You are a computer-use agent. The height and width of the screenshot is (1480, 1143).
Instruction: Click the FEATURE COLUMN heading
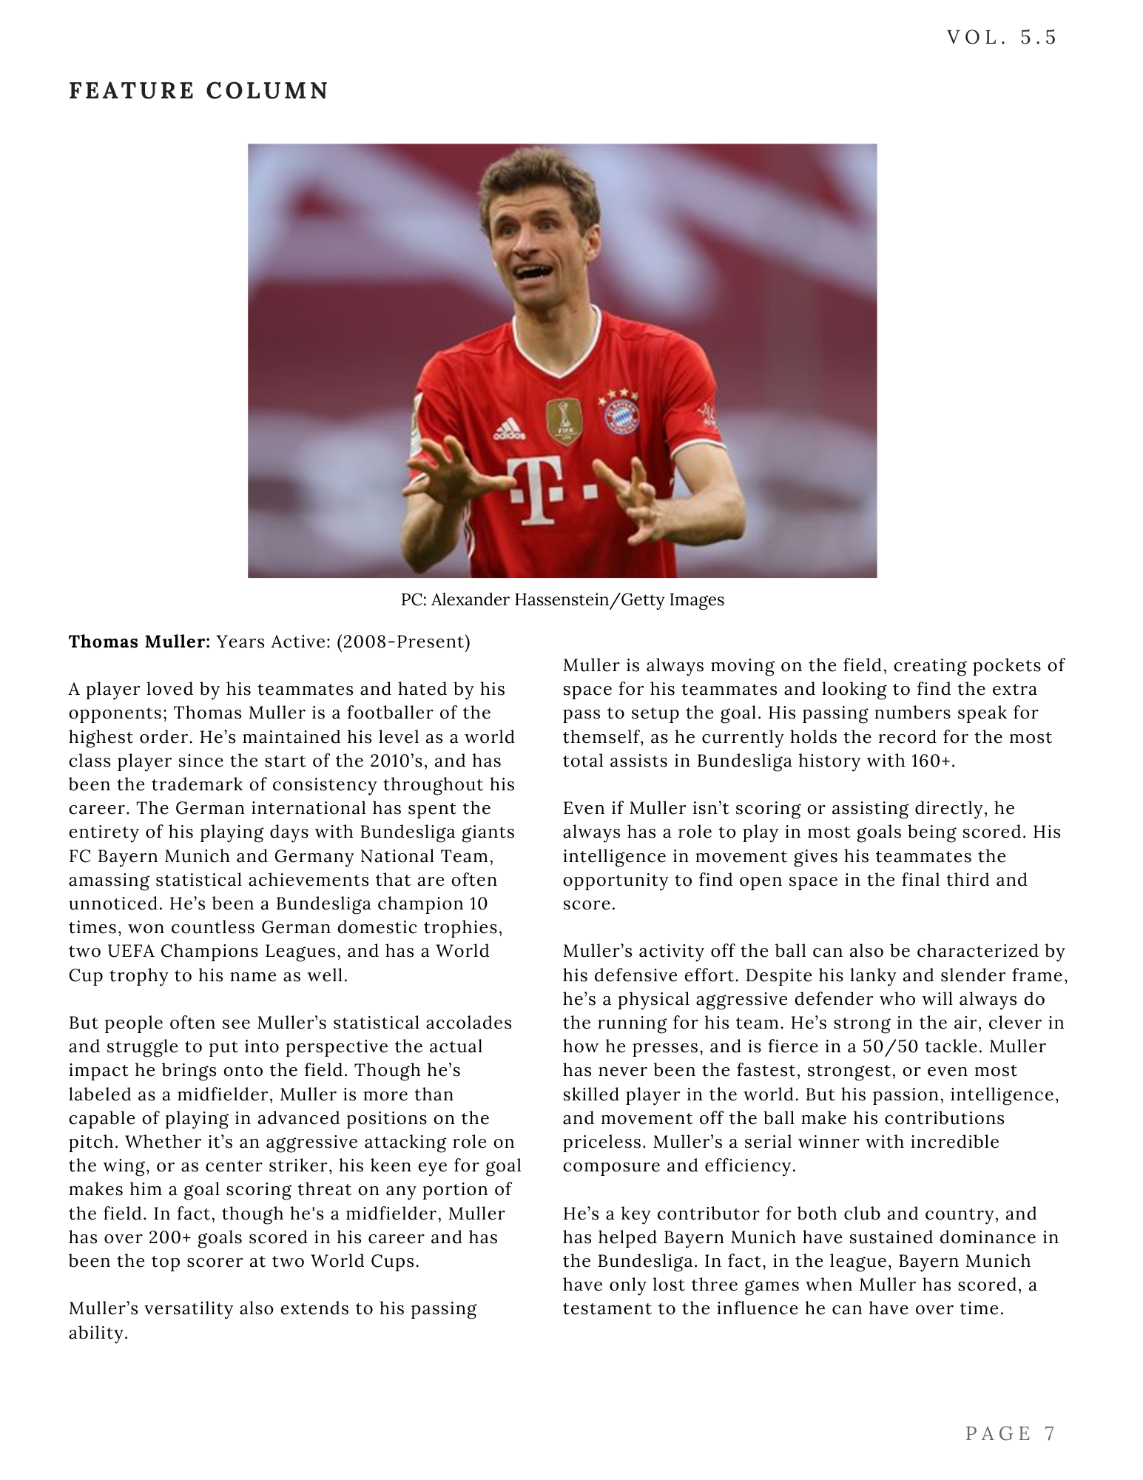[x=198, y=91]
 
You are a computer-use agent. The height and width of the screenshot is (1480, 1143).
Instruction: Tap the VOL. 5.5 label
[x=1002, y=38]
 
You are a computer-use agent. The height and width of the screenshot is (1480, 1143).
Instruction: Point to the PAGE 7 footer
[x=1010, y=1433]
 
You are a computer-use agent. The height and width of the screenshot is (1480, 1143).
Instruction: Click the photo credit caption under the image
[x=562, y=600]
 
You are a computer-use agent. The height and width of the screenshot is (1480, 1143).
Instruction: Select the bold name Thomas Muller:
[x=140, y=642]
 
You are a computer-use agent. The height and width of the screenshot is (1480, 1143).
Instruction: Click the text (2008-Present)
[x=403, y=642]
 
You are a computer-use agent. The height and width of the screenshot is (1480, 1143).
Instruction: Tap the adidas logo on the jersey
[x=510, y=428]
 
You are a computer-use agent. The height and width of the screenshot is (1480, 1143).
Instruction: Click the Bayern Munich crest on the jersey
[x=621, y=417]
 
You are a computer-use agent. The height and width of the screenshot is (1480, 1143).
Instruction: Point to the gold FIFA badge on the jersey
[x=564, y=420]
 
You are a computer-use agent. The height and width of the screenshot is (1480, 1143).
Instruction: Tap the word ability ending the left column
[x=98, y=1333]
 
